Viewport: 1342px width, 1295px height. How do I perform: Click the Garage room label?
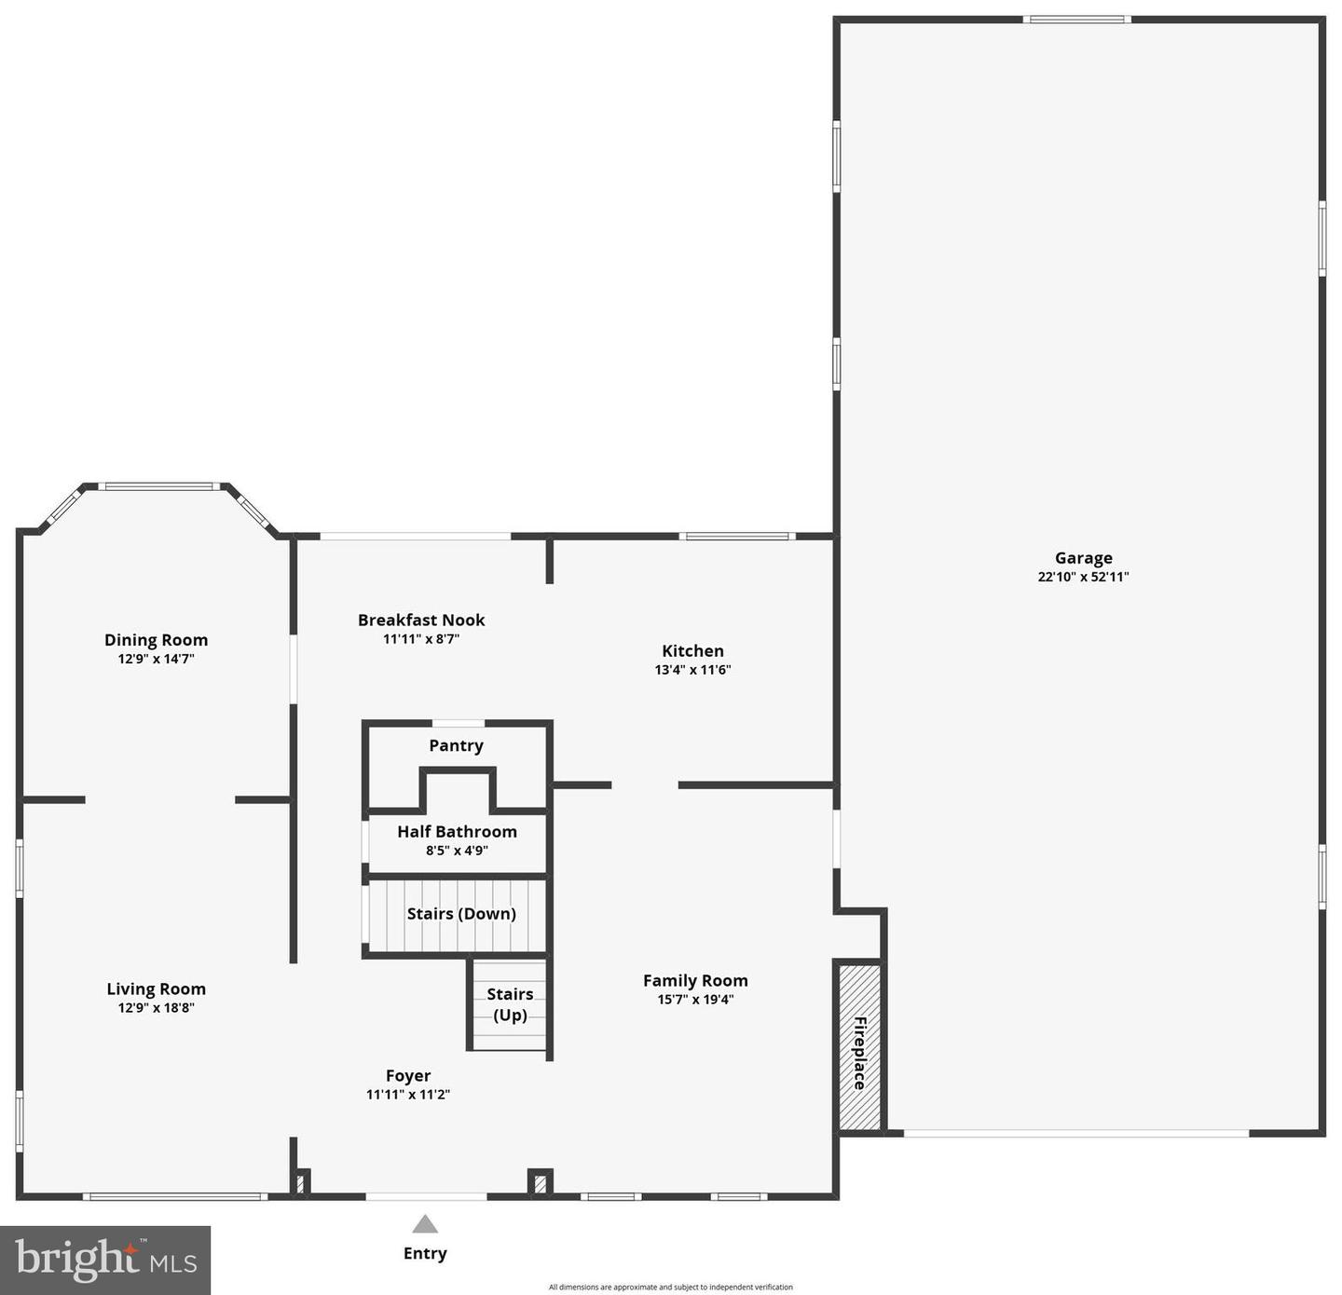(x=1083, y=558)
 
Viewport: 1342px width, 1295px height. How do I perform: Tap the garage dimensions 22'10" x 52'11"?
(x=1083, y=577)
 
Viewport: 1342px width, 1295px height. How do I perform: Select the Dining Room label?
(x=156, y=640)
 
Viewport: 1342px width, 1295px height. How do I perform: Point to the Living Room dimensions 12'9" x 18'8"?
(x=156, y=1007)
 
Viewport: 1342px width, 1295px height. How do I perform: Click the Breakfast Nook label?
(x=421, y=620)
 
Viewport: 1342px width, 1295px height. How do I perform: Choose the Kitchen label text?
(x=692, y=651)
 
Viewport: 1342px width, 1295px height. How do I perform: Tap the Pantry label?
(x=456, y=745)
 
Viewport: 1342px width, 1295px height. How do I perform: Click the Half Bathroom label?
(x=457, y=831)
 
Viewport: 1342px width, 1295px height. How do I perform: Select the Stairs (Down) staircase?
(x=457, y=914)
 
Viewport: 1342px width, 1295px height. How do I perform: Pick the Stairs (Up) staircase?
(x=509, y=1005)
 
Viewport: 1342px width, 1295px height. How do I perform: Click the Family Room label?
(x=695, y=980)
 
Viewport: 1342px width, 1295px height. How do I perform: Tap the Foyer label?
(x=408, y=1076)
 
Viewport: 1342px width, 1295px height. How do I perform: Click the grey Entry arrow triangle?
(x=425, y=1224)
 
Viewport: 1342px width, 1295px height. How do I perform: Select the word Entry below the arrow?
(x=425, y=1253)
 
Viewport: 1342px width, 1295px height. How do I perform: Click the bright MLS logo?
(x=105, y=1260)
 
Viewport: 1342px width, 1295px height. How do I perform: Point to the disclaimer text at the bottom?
(x=670, y=1287)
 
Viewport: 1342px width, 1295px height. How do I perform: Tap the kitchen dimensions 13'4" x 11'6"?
(x=692, y=670)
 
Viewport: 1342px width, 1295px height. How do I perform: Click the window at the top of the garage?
(x=1076, y=20)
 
